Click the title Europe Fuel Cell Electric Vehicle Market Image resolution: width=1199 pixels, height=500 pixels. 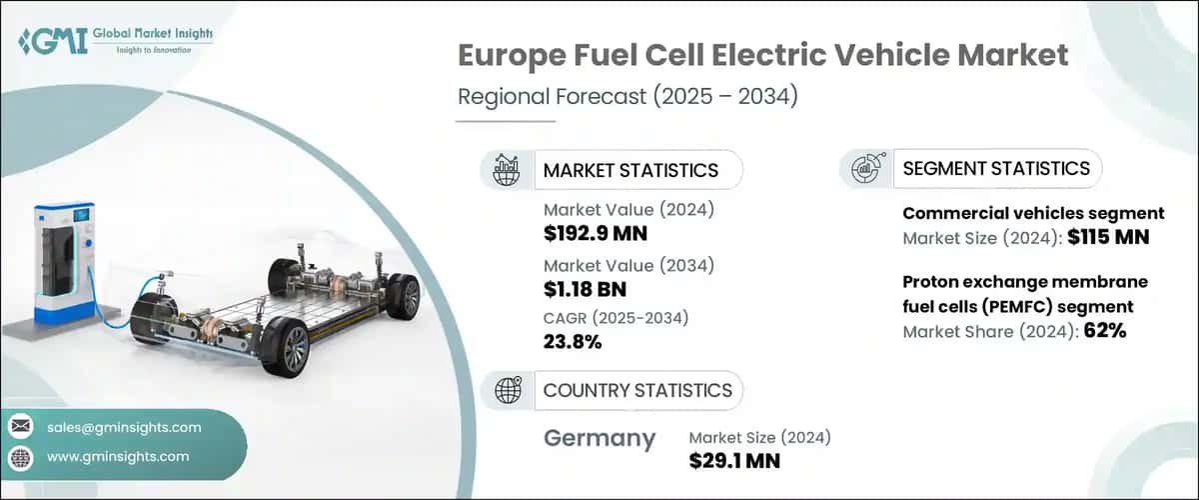762,56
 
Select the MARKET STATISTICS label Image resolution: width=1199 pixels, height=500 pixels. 630,170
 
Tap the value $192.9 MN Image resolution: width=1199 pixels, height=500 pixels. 596,234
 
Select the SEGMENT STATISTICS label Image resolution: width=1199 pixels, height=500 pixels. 996,168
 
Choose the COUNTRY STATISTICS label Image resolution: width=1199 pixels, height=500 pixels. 637,390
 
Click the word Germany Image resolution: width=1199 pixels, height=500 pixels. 599,438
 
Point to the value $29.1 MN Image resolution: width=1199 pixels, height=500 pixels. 734,460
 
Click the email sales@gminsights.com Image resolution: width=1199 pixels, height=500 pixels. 124,427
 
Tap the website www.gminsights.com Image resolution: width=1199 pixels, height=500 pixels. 118,456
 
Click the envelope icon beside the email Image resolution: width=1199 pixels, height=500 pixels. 21,427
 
